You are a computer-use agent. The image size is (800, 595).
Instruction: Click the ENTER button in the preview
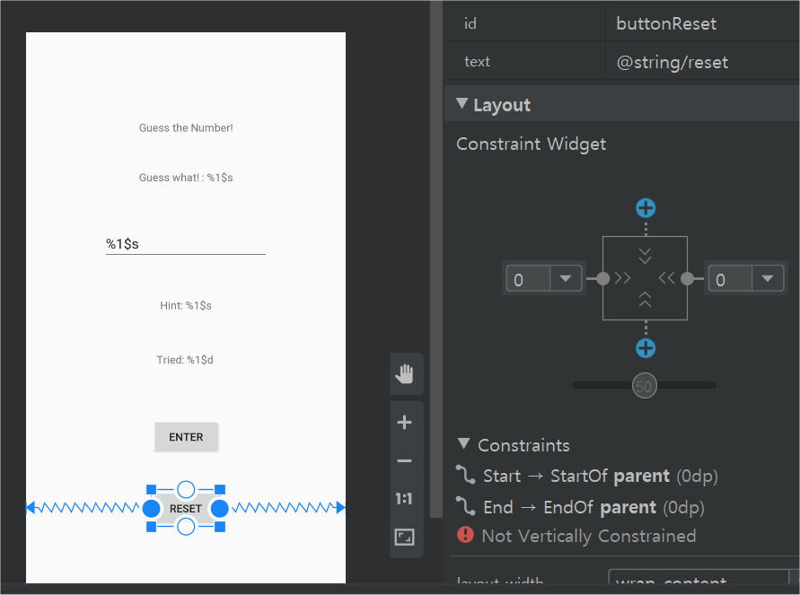(x=186, y=437)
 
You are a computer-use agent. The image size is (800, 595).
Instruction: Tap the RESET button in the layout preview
(x=186, y=509)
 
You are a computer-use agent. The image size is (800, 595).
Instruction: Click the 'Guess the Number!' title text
(x=186, y=128)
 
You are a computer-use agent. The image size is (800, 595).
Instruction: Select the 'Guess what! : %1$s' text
(x=186, y=178)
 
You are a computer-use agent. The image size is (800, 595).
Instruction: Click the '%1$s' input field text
(x=123, y=244)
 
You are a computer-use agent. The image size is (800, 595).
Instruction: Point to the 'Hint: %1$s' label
(x=186, y=306)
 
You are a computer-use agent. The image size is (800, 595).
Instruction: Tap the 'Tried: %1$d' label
(x=185, y=361)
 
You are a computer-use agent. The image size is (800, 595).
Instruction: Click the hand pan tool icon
(x=405, y=374)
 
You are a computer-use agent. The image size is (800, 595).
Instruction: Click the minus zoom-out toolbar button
(x=405, y=461)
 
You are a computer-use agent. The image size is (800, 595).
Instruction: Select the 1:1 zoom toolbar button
(x=405, y=499)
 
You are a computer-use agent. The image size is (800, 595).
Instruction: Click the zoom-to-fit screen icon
(x=405, y=538)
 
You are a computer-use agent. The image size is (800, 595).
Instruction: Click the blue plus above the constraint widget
(x=646, y=208)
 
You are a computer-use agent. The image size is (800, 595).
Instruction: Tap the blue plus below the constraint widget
(x=646, y=348)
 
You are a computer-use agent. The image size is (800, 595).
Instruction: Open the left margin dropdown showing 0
(x=565, y=279)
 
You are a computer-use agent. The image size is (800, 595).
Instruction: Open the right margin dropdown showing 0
(x=766, y=279)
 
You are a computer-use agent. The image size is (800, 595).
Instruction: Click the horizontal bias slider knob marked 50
(x=644, y=386)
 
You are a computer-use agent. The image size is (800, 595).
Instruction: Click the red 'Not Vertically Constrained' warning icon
(x=465, y=536)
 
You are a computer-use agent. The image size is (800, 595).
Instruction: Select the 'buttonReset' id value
(x=666, y=23)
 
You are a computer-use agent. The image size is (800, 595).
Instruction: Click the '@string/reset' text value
(x=672, y=62)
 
